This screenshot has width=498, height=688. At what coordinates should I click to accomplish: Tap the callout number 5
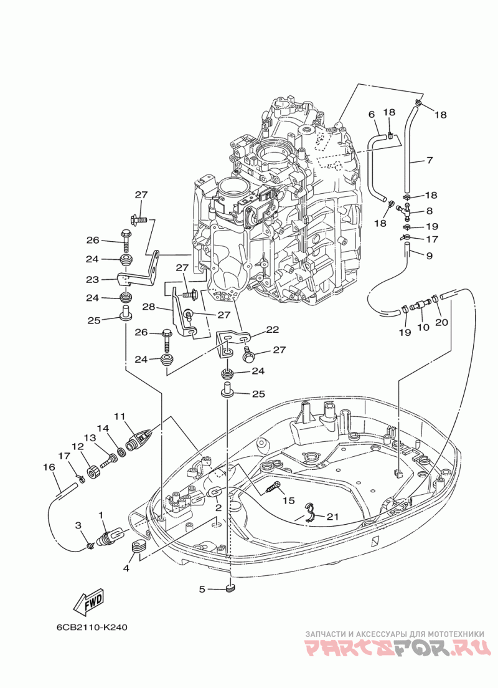[x=202, y=588]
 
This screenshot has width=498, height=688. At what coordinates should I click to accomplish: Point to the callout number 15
[x=288, y=500]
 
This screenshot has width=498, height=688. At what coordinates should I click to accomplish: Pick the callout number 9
[x=429, y=256]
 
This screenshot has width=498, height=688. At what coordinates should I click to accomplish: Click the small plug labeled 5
[x=230, y=587]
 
